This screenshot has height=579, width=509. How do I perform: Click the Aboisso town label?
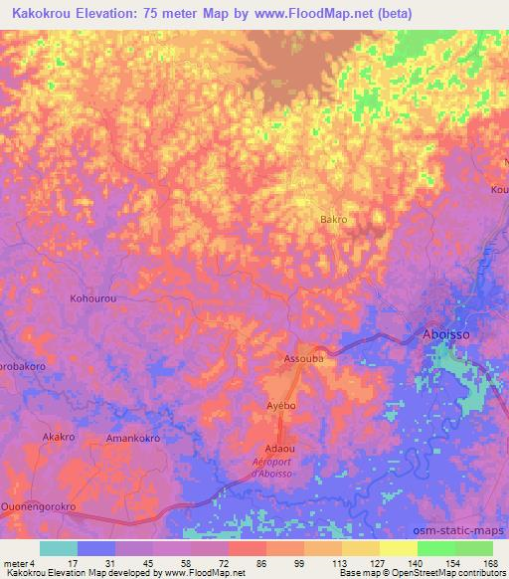coord(445,335)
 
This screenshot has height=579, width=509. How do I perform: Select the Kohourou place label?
coord(95,297)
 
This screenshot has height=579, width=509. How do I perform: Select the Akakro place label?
coord(59,437)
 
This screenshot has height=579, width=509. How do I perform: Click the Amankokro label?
coord(133,438)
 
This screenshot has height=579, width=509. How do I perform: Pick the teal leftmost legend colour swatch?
coord(59,548)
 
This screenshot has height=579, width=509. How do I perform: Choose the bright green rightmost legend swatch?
coord(473,548)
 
